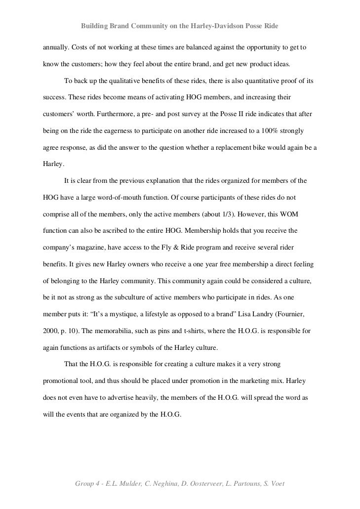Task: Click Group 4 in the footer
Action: click(89, 483)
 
